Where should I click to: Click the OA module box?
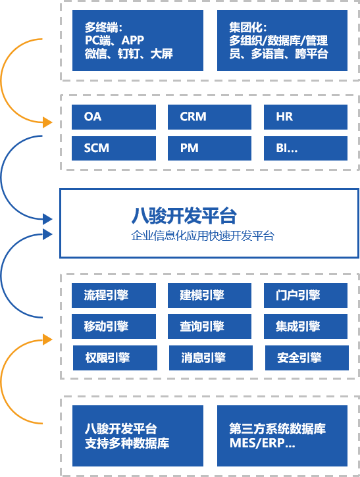(x=114, y=117)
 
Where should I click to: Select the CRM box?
(x=209, y=117)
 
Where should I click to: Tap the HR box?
(x=305, y=117)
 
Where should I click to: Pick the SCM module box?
(x=114, y=149)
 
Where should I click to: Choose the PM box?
(x=209, y=149)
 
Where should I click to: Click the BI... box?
(x=305, y=149)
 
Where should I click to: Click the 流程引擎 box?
(x=114, y=295)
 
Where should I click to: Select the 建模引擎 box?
(x=209, y=295)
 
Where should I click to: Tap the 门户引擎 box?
(x=305, y=295)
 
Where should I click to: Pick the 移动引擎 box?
(x=114, y=326)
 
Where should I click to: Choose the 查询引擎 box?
(x=209, y=326)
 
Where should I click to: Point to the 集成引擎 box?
(x=305, y=326)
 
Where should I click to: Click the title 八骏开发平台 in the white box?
(x=184, y=216)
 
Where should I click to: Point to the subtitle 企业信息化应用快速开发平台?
(x=203, y=236)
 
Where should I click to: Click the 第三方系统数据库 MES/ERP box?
(x=282, y=436)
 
